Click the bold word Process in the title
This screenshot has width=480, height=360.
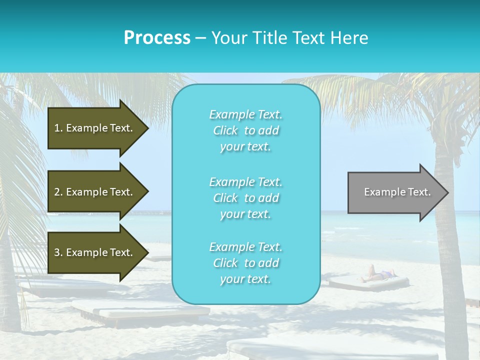157,38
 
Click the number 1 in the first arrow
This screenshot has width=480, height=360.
57,128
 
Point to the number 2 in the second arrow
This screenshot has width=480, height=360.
57,192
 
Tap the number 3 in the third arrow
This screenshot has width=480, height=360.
57,252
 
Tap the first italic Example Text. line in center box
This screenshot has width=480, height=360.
245,114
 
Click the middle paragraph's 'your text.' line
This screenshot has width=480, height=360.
245,214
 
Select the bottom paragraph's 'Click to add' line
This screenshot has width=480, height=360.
245,263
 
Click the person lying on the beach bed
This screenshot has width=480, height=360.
377,274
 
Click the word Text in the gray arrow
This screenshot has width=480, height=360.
419,192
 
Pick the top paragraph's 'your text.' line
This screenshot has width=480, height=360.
245,147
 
